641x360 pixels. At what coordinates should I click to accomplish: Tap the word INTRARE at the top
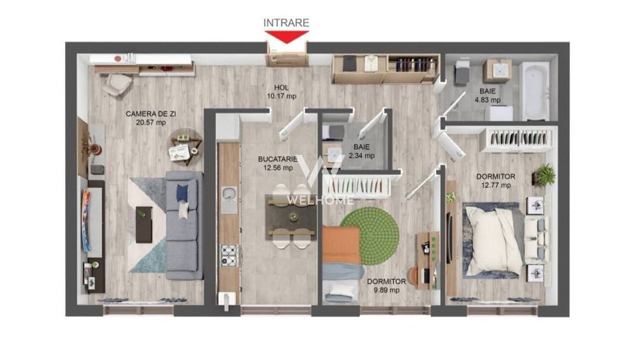tap(286, 23)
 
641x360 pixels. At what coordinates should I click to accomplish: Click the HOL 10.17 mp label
tap(282, 92)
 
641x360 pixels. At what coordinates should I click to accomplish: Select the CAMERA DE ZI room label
tap(146, 118)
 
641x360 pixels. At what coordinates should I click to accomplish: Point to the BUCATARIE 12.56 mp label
tap(277, 163)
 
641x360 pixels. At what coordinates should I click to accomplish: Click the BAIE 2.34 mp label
tap(362, 151)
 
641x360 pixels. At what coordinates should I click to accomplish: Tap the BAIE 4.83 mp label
tap(487, 95)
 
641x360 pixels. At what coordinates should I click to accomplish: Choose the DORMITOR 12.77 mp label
tap(495, 181)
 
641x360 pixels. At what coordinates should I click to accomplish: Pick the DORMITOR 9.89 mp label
tap(386, 285)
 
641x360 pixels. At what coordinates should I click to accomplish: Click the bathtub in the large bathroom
tap(534, 90)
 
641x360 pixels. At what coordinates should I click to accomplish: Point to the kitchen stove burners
tap(228, 255)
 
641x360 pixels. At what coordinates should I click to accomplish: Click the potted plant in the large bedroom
tap(545, 175)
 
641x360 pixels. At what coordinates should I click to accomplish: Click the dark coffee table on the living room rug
tap(144, 223)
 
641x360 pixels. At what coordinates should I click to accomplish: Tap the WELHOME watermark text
tap(320, 199)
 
